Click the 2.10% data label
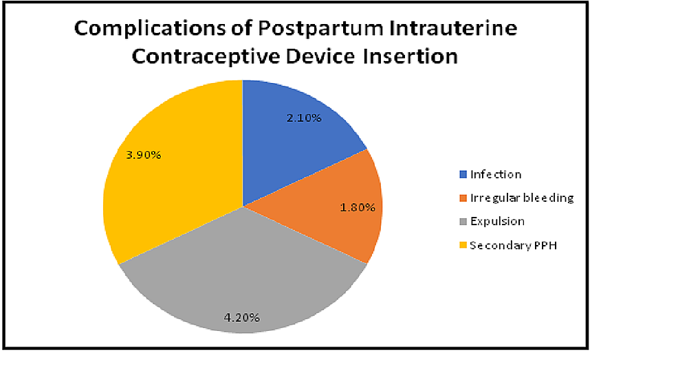[305, 118]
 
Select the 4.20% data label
[242, 317]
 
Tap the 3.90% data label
[144, 155]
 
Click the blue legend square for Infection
[463, 174]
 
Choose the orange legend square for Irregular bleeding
[463, 198]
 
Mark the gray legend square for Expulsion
[463, 221]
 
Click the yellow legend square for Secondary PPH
[463, 245]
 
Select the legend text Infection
[496, 174]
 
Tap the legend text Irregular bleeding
[521, 198]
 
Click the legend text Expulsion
[497, 221]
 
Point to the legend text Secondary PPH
[512, 245]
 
